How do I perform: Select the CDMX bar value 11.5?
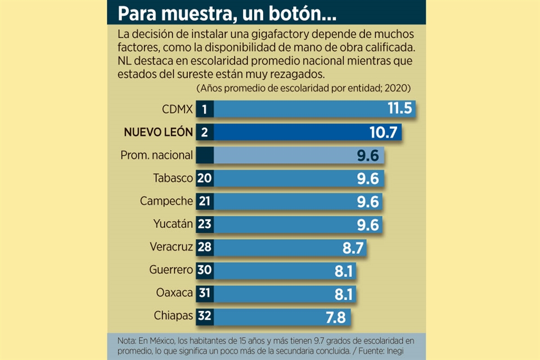[x=400, y=109]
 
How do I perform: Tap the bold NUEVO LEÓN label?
[x=159, y=132]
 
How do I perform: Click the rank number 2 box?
[x=204, y=132]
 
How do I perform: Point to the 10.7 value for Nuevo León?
[x=385, y=132]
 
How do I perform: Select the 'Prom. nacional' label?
[x=157, y=155]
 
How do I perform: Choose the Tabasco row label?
[x=173, y=178]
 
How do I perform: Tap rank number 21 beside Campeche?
[x=204, y=201]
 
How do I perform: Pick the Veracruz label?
[x=172, y=247]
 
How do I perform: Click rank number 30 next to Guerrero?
[x=204, y=270]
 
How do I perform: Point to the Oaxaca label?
[x=175, y=293]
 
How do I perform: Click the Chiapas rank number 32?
[x=204, y=316]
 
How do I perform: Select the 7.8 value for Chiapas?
[x=336, y=317]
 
